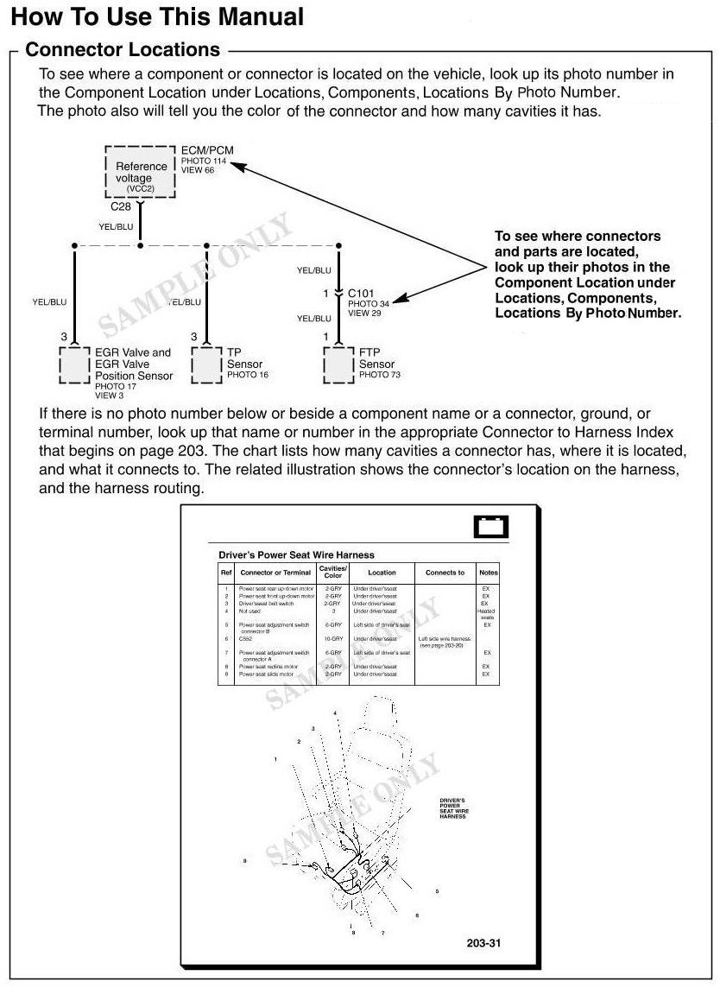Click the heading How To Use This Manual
tap(157, 16)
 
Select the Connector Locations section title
tap(123, 50)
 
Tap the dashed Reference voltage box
tap(141, 173)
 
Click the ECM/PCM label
tap(207, 150)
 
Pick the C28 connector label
tap(121, 207)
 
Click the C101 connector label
tap(362, 294)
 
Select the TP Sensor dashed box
tap(207, 364)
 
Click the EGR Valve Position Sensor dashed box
tap(75, 364)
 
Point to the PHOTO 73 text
tap(379, 375)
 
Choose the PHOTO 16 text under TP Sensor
tap(248, 375)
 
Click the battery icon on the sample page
tap(491, 527)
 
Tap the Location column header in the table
tap(382, 573)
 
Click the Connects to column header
tap(445, 573)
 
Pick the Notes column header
tap(489, 573)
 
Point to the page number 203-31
tap(483, 942)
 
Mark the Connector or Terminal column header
tap(275, 573)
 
